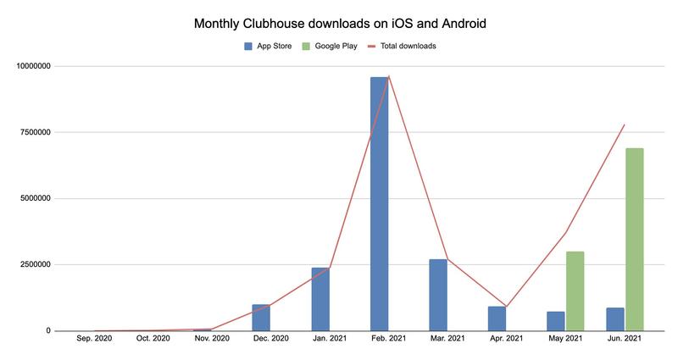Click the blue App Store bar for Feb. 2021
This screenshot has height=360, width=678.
[379, 203]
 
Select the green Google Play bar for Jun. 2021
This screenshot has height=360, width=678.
[634, 239]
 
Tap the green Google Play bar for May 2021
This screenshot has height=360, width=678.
[575, 291]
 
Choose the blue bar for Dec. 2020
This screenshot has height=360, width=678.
[261, 318]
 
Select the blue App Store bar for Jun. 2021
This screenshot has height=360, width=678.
[615, 319]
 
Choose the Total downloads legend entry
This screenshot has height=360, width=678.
[406, 46]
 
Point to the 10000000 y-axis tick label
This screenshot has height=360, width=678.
[28, 66]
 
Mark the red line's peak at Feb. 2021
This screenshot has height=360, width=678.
[389, 76]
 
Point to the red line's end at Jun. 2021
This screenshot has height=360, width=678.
[625, 125]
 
